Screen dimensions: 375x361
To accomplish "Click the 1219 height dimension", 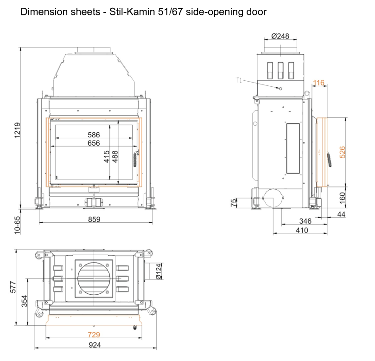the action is [x=18, y=130].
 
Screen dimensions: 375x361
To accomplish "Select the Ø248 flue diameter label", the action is [x=280, y=36].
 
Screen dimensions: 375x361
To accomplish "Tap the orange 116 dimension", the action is [x=318, y=83].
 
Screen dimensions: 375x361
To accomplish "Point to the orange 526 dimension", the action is [x=343, y=152].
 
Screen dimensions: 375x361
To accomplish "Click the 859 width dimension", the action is [x=94, y=219].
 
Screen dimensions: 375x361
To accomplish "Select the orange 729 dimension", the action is [x=94, y=335].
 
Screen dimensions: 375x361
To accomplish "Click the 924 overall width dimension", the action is [x=95, y=345].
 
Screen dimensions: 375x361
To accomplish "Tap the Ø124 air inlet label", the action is [x=159, y=271].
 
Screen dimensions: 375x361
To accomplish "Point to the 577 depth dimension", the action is [x=13, y=287].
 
